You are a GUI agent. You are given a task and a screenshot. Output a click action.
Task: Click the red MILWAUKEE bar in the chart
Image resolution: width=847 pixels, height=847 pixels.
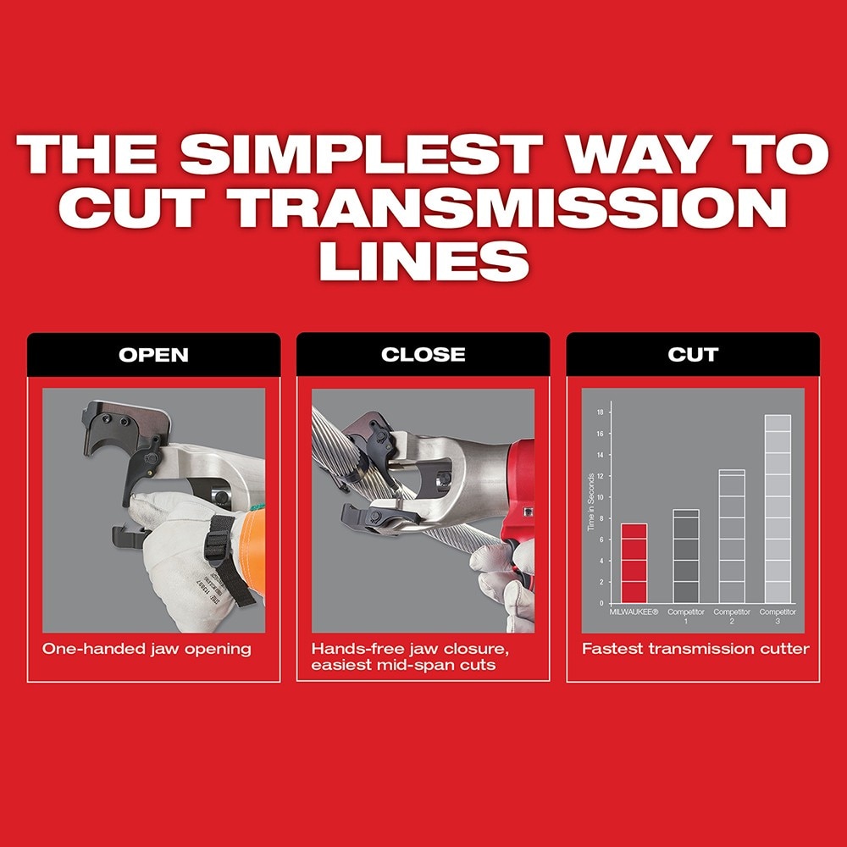pos(634,563)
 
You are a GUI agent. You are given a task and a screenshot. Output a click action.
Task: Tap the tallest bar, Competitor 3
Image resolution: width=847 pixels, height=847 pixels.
pos(777,508)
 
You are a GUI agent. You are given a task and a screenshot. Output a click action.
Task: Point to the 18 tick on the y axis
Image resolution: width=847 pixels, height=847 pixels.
pos(599,412)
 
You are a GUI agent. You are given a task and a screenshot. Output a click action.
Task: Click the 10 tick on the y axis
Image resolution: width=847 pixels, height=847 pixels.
pos(599,497)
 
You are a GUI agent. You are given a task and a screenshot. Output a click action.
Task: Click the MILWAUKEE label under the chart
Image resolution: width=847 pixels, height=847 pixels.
pos(634,612)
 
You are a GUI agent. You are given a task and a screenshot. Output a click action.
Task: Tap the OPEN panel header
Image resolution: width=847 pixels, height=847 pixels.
pos(153,354)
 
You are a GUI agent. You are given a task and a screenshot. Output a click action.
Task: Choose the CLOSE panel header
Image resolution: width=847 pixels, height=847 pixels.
pos(423,354)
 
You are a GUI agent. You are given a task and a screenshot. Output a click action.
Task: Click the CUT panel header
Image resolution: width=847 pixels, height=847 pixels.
pos(693,354)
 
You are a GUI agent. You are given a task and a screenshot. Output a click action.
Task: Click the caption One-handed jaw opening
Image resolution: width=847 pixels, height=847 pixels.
pos(147,649)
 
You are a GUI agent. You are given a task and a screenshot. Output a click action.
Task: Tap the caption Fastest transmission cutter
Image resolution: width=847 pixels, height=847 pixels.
pos(695,649)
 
